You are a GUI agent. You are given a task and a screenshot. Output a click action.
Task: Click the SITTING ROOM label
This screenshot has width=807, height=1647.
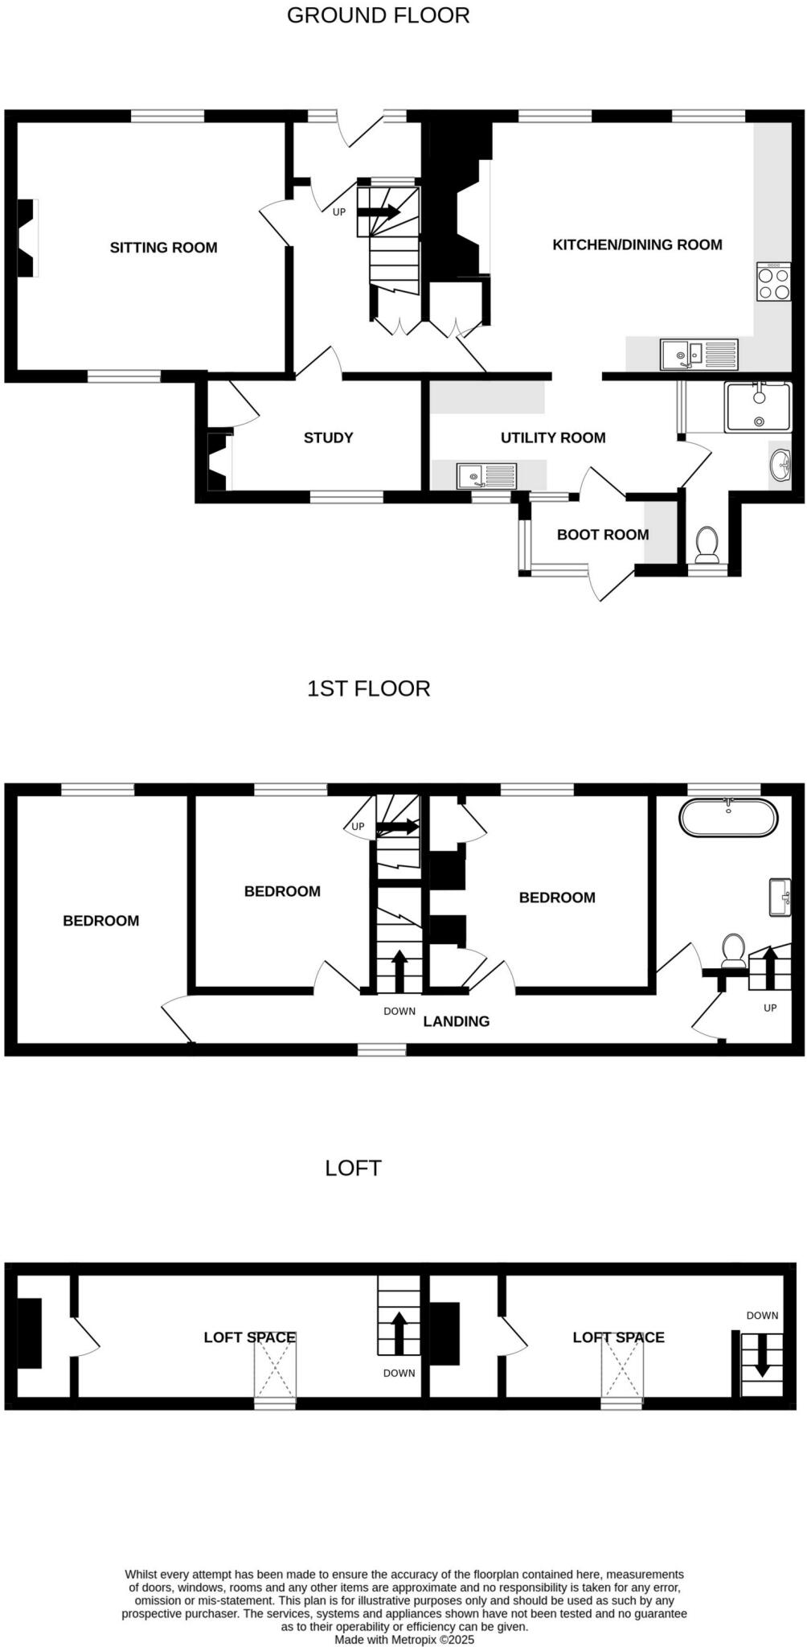163,248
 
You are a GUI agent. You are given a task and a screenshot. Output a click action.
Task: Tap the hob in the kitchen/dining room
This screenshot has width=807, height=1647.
773,282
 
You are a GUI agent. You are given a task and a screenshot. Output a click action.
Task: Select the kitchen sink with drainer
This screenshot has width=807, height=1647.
698,354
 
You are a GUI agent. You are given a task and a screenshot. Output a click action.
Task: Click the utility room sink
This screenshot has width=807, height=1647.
486,476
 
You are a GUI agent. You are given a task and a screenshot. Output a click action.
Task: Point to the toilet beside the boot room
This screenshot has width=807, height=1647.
707,545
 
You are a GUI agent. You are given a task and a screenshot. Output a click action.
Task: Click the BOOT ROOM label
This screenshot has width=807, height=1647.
603,535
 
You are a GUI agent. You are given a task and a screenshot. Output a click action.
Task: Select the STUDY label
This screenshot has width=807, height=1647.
328,437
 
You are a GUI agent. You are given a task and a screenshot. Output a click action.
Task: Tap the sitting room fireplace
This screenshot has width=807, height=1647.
28,238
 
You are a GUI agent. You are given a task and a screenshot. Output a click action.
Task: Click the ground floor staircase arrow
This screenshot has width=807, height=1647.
378,212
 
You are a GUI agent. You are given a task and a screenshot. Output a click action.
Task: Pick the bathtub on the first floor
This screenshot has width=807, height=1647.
728,818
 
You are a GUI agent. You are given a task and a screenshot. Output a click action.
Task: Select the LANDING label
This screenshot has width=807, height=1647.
456,1021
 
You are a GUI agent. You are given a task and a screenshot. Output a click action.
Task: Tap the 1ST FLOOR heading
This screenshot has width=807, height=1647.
368,688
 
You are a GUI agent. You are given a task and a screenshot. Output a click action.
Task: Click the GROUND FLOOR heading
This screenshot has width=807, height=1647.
378,15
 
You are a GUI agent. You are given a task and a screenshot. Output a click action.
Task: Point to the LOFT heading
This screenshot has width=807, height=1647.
353,1168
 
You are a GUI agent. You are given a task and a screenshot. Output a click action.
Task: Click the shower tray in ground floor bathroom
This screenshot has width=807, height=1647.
757,407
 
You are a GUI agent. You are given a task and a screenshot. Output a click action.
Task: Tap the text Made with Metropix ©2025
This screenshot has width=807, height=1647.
404,1639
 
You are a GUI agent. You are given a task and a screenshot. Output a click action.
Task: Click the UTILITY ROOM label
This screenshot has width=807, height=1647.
553,437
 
